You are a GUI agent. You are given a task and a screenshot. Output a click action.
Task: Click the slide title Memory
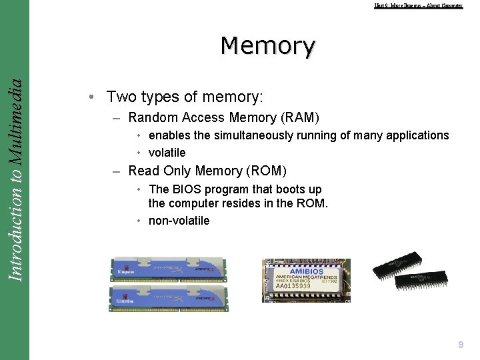(x=268, y=46)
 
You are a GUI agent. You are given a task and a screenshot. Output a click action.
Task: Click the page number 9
(x=461, y=345)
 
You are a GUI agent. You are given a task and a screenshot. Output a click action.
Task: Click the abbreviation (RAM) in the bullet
(x=299, y=118)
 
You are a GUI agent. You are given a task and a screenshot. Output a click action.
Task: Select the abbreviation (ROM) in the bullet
(x=265, y=171)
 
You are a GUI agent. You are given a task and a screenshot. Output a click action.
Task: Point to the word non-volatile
(x=179, y=221)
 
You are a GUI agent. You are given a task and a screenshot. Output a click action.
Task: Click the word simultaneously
(x=257, y=135)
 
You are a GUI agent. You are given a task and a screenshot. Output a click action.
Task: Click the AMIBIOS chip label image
(x=305, y=281)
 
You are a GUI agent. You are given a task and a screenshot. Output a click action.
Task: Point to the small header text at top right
(x=418, y=5)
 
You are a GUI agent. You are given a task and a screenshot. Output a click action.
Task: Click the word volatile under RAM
(x=167, y=153)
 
